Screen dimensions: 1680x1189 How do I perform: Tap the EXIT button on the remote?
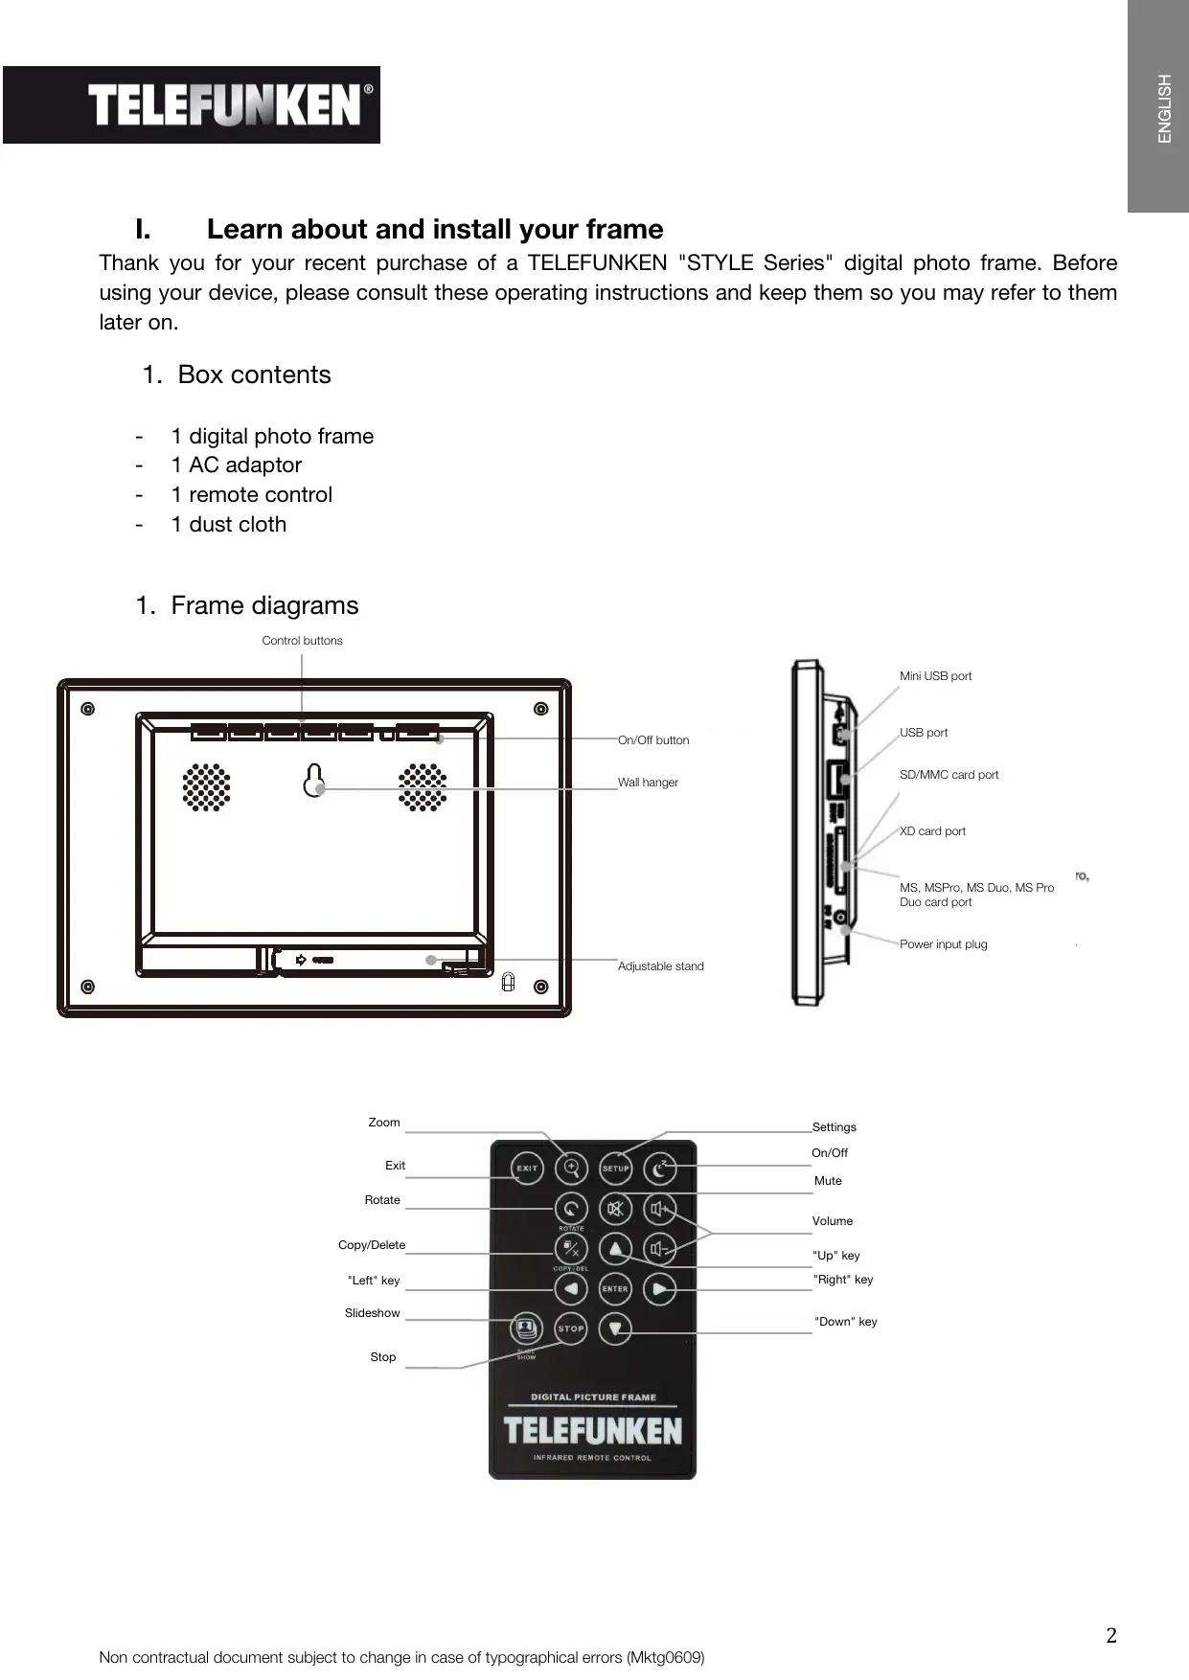527,1169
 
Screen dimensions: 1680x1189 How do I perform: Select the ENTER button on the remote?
615,1289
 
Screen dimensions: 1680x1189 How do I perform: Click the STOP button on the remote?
571,1328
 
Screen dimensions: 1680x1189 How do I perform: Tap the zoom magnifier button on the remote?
572,1168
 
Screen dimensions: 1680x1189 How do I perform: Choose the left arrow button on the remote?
571,1289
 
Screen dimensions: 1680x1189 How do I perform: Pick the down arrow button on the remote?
615,1328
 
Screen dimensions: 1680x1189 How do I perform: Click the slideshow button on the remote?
525,1328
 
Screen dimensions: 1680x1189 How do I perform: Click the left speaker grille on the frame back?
207,787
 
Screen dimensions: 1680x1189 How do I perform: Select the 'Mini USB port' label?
935,676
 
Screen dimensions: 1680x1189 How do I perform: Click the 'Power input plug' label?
943,944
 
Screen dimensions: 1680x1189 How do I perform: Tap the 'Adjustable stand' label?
660,966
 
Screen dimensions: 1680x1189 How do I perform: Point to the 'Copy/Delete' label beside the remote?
372,1245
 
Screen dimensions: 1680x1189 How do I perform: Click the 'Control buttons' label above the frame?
302,641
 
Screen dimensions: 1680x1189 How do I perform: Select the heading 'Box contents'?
254,375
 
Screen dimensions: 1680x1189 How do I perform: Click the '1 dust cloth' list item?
228,525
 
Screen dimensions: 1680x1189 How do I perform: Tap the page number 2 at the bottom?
1110,1635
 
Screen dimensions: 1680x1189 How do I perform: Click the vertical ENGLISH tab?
1164,108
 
